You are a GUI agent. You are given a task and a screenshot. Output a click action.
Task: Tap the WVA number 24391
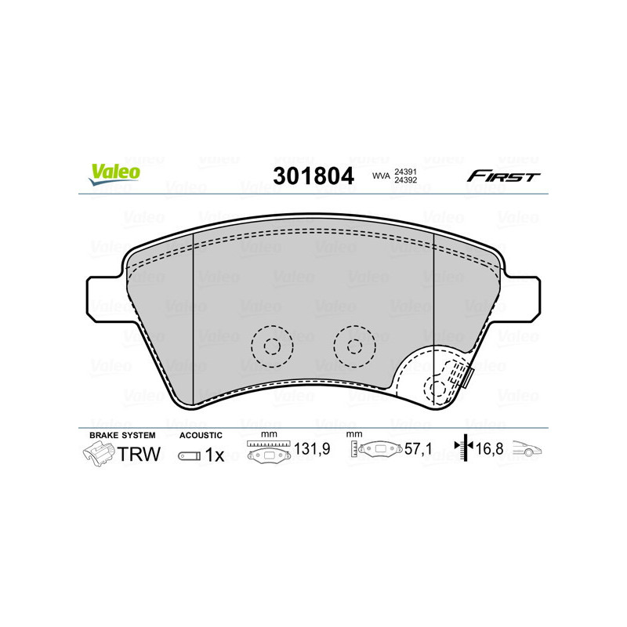point(404,171)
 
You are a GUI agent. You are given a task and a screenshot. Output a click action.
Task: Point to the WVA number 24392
point(404,181)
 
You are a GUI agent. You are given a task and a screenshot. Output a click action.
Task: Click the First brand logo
point(503,176)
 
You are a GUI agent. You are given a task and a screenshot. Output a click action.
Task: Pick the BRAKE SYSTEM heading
point(122,435)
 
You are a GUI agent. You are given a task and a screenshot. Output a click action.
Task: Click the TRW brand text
point(139,455)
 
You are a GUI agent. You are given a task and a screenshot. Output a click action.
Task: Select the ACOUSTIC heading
point(201,435)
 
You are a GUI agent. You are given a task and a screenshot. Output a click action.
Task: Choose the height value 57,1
point(419,450)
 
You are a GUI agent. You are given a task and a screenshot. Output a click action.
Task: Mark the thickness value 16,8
point(490,450)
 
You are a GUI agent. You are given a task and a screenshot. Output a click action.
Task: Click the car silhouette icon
point(528,449)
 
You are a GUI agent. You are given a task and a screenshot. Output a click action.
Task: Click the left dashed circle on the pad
point(271,345)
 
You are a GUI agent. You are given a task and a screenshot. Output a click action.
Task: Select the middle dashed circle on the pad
point(353,345)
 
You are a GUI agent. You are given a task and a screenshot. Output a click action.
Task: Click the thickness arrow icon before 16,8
point(465,449)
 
